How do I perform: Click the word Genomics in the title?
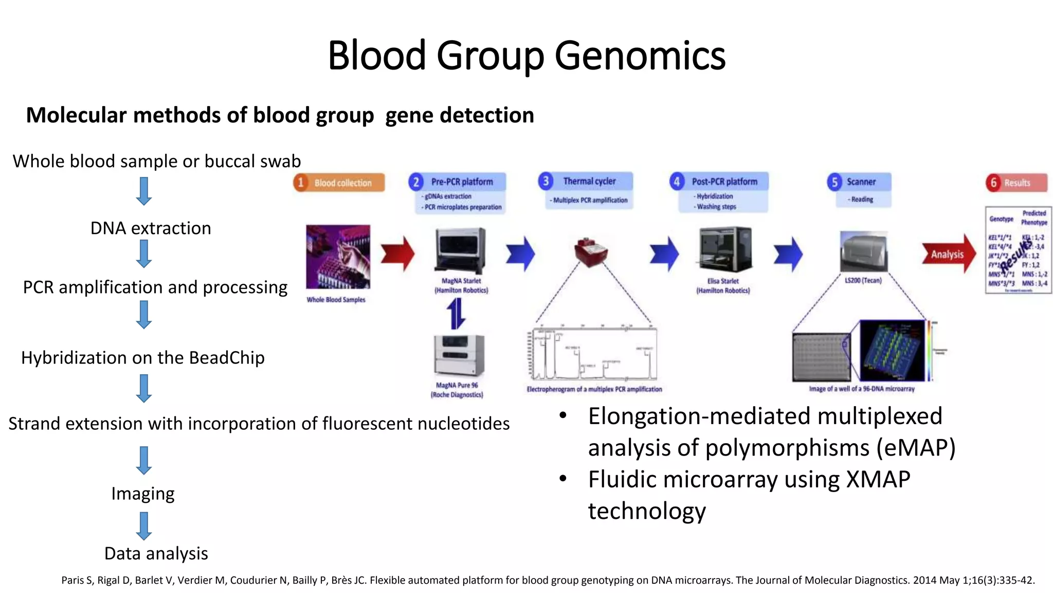(x=640, y=56)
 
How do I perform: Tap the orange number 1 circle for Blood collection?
(x=301, y=182)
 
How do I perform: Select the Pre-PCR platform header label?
(x=462, y=182)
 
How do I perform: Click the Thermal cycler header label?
(x=589, y=181)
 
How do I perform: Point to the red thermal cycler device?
(x=591, y=252)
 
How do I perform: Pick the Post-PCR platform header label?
(x=724, y=182)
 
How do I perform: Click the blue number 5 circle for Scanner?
(x=834, y=182)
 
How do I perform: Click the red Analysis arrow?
(x=948, y=254)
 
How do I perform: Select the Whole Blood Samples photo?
(x=338, y=256)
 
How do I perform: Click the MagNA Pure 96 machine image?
(x=459, y=355)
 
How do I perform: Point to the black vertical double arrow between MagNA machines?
(x=456, y=313)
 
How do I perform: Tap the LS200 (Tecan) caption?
(x=863, y=281)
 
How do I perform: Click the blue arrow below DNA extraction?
(x=144, y=254)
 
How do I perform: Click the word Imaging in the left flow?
(x=143, y=494)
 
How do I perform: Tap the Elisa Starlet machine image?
(x=725, y=250)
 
